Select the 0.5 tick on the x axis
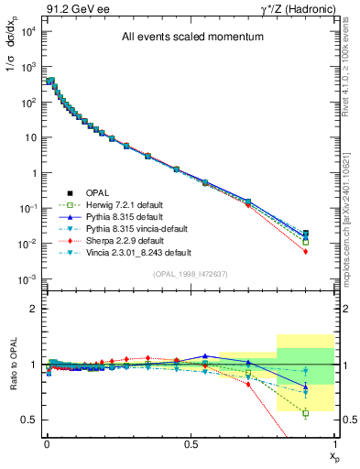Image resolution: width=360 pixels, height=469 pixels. pyautogui.click(x=191, y=442)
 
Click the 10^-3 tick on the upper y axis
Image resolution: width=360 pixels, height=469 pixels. pyautogui.click(x=26, y=278)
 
